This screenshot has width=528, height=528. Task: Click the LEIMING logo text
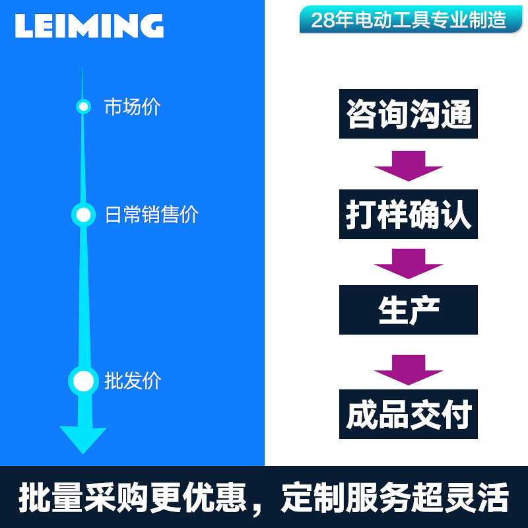click(x=89, y=26)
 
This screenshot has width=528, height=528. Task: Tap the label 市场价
click(x=132, y=107)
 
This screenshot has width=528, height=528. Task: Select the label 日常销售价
click(x=151, y=214)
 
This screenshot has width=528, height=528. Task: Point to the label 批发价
click(x=132, y=381)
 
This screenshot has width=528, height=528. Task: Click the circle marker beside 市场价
click(x=83, y=106)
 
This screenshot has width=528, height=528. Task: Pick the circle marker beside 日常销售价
click(x=83, y=214)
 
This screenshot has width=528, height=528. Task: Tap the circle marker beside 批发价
click(x=83, y=381)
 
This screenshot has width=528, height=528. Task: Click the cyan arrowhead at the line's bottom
click(x=83, y=439)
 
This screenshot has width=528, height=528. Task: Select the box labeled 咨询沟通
click(x=409, y=115)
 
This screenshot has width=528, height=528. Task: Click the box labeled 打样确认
click(x=409, y=214)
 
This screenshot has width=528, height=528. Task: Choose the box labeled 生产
click(x=409, y=310)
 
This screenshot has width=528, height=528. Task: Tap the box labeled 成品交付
click(x=409, y=414)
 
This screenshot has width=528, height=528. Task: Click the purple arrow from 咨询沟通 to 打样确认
click(x=409, y=166)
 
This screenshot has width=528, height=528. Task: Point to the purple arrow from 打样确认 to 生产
click(x=409, y=263)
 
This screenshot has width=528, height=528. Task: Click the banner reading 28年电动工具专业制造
click(x=406, y=20)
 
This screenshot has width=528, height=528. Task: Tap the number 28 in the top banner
click(x=321, y=20)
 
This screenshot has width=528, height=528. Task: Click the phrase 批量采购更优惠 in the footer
click(x=132, y=498)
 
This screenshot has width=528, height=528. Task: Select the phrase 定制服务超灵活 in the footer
click(x=394, y=498)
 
